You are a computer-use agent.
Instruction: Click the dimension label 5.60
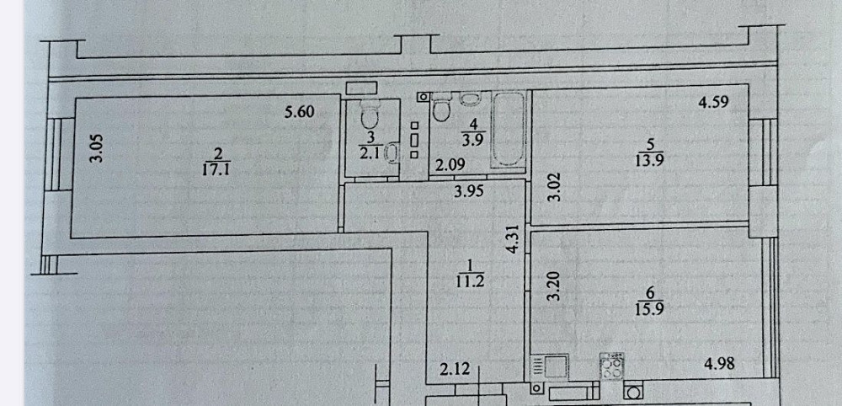pos(300,112)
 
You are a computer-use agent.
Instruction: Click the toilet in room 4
pos(441,108)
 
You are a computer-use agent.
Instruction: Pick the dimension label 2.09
pos(450,166)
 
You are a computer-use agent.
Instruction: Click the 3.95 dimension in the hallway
pos(469,192)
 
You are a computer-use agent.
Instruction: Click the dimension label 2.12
pos(455,369)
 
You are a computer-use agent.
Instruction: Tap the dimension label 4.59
pos(713,102)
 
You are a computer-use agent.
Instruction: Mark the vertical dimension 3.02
pos(555,186)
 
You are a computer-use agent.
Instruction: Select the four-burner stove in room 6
pos(611,366)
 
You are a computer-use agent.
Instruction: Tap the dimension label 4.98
pos(719,364)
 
